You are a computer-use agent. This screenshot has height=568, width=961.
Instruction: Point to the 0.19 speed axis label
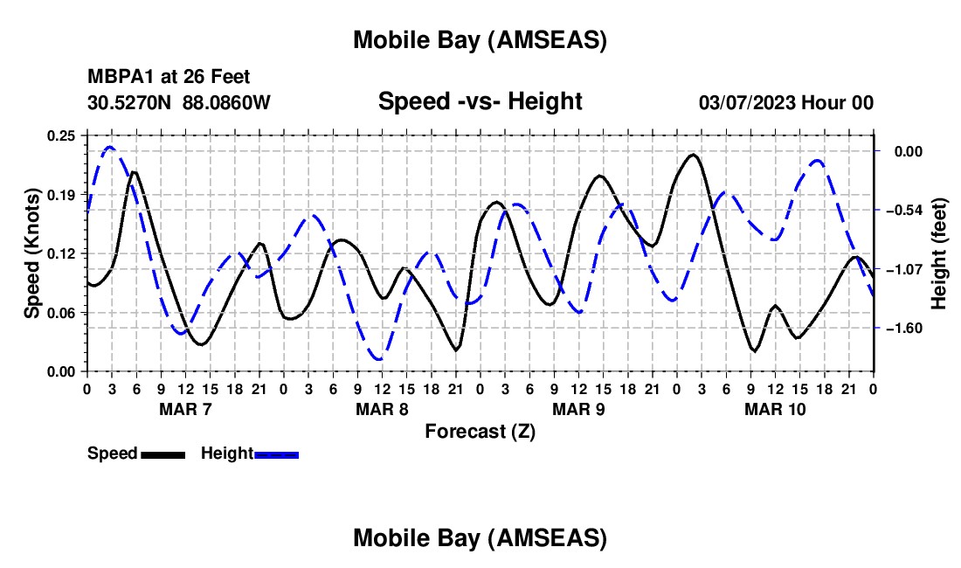pyautogui.click(x=63, y=194)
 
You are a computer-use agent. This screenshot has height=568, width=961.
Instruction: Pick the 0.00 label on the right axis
pyautogui.click(x=906, y=151)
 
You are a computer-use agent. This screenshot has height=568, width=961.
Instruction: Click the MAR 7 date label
pyautogui.click(x=185, y=409)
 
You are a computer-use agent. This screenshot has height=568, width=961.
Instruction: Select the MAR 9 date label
pyautogui.click(x=578, y=409)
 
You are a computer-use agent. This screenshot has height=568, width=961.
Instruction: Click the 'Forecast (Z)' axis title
pyautogui.click(x=480, y=431)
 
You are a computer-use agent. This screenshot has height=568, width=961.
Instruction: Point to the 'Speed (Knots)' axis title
pyautogui.click(x=31, y=253)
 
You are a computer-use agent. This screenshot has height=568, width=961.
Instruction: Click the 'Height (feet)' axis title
pyautogui.click(x=939, y=253)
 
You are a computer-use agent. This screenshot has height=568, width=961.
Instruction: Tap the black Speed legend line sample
pyautogui.click(x=162, y=454)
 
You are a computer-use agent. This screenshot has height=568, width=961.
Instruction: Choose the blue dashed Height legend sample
pyautogui.click(x=277, y=454)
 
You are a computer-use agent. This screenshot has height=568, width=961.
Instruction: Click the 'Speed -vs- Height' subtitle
pyautogui.click(x=480, y=102)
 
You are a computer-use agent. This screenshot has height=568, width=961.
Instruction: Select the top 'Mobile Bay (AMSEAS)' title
pyautogui.click(x=480, y=40)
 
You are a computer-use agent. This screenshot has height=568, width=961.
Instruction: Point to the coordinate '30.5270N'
pyautogui.click(x=131, y=103)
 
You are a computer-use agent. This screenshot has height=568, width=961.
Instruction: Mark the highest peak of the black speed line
pyautogui.click(x=693, y=155)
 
